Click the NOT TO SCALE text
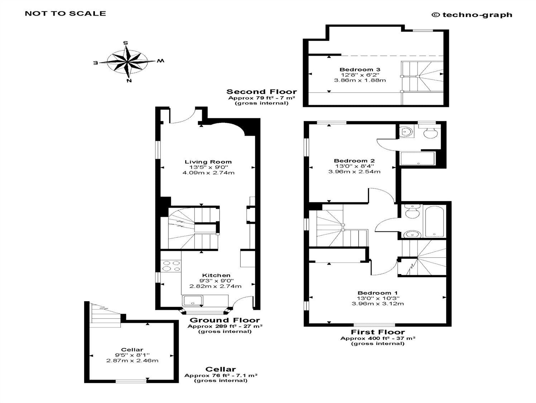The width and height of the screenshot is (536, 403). pyautogui.click(x=65, y=14)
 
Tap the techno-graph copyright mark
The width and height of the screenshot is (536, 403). pyautogui.click(x=472, y=15)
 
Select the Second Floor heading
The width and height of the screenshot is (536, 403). pyautogui.click(x=262, y=92)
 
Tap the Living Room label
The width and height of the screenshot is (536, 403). pyautogui.click(x=208, y=162)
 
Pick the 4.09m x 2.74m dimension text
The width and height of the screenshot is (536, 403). pyautogui.click(x=208, y=173)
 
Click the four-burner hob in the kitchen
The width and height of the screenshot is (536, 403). pyautogui.click(x=171, y=266)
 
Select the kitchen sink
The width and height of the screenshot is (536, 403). pyautogui.click(x=193, y=300)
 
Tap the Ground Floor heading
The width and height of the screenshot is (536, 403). pyautogui.click(x=225, y=320)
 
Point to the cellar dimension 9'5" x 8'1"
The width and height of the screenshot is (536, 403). pyautogui.click(x=132, y=355)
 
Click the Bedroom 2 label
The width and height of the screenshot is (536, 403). pyautogui.click(x=354, y=160)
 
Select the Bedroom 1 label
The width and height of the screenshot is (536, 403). pyautogui.click(x=378, y=293)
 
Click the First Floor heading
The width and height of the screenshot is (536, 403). pyautogui.click(x=378, y=332)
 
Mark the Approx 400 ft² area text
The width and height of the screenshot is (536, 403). pyautogui.click(x=378, y=338)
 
